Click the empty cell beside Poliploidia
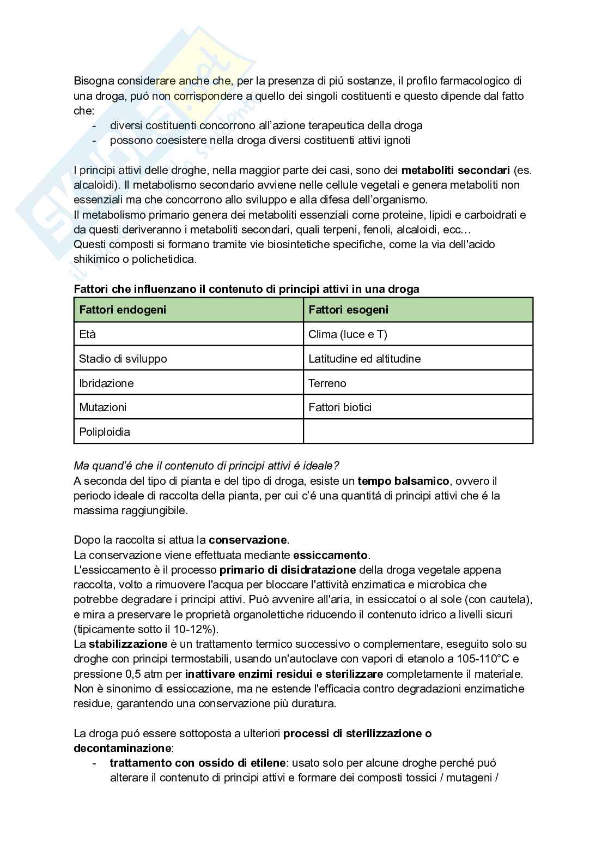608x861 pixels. point(418,432)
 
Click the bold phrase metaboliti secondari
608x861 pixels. point(455,170)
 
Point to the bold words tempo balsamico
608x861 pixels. point(403,481)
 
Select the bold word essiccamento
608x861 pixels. point(331,555)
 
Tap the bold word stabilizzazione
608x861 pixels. point(128,644)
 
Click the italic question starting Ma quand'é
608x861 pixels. point(206,466)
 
